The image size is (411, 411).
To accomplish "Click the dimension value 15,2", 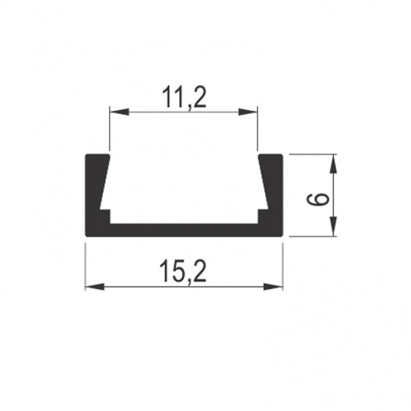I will click(183, 271).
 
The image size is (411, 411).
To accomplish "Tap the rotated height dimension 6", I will click(318, 200).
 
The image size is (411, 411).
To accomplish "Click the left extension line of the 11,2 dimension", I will click(110, 132).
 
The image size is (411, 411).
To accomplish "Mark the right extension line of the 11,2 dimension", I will click(257, 132).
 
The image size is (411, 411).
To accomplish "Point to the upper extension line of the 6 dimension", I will click(311, 154).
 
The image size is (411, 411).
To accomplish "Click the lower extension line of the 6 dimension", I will click(311, 236).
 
